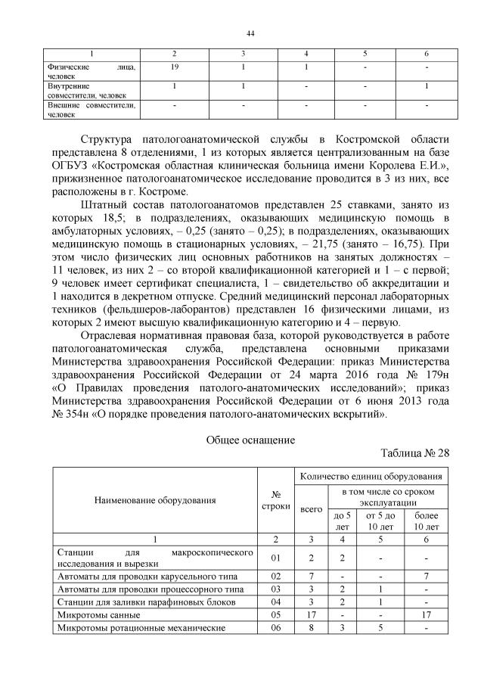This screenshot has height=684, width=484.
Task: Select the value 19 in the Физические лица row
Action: pos(174,68)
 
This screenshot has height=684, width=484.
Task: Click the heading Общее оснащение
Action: pos(250,439)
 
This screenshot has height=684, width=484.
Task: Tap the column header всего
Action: pos(311,509)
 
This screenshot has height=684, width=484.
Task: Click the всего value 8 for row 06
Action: pos(311,628)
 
